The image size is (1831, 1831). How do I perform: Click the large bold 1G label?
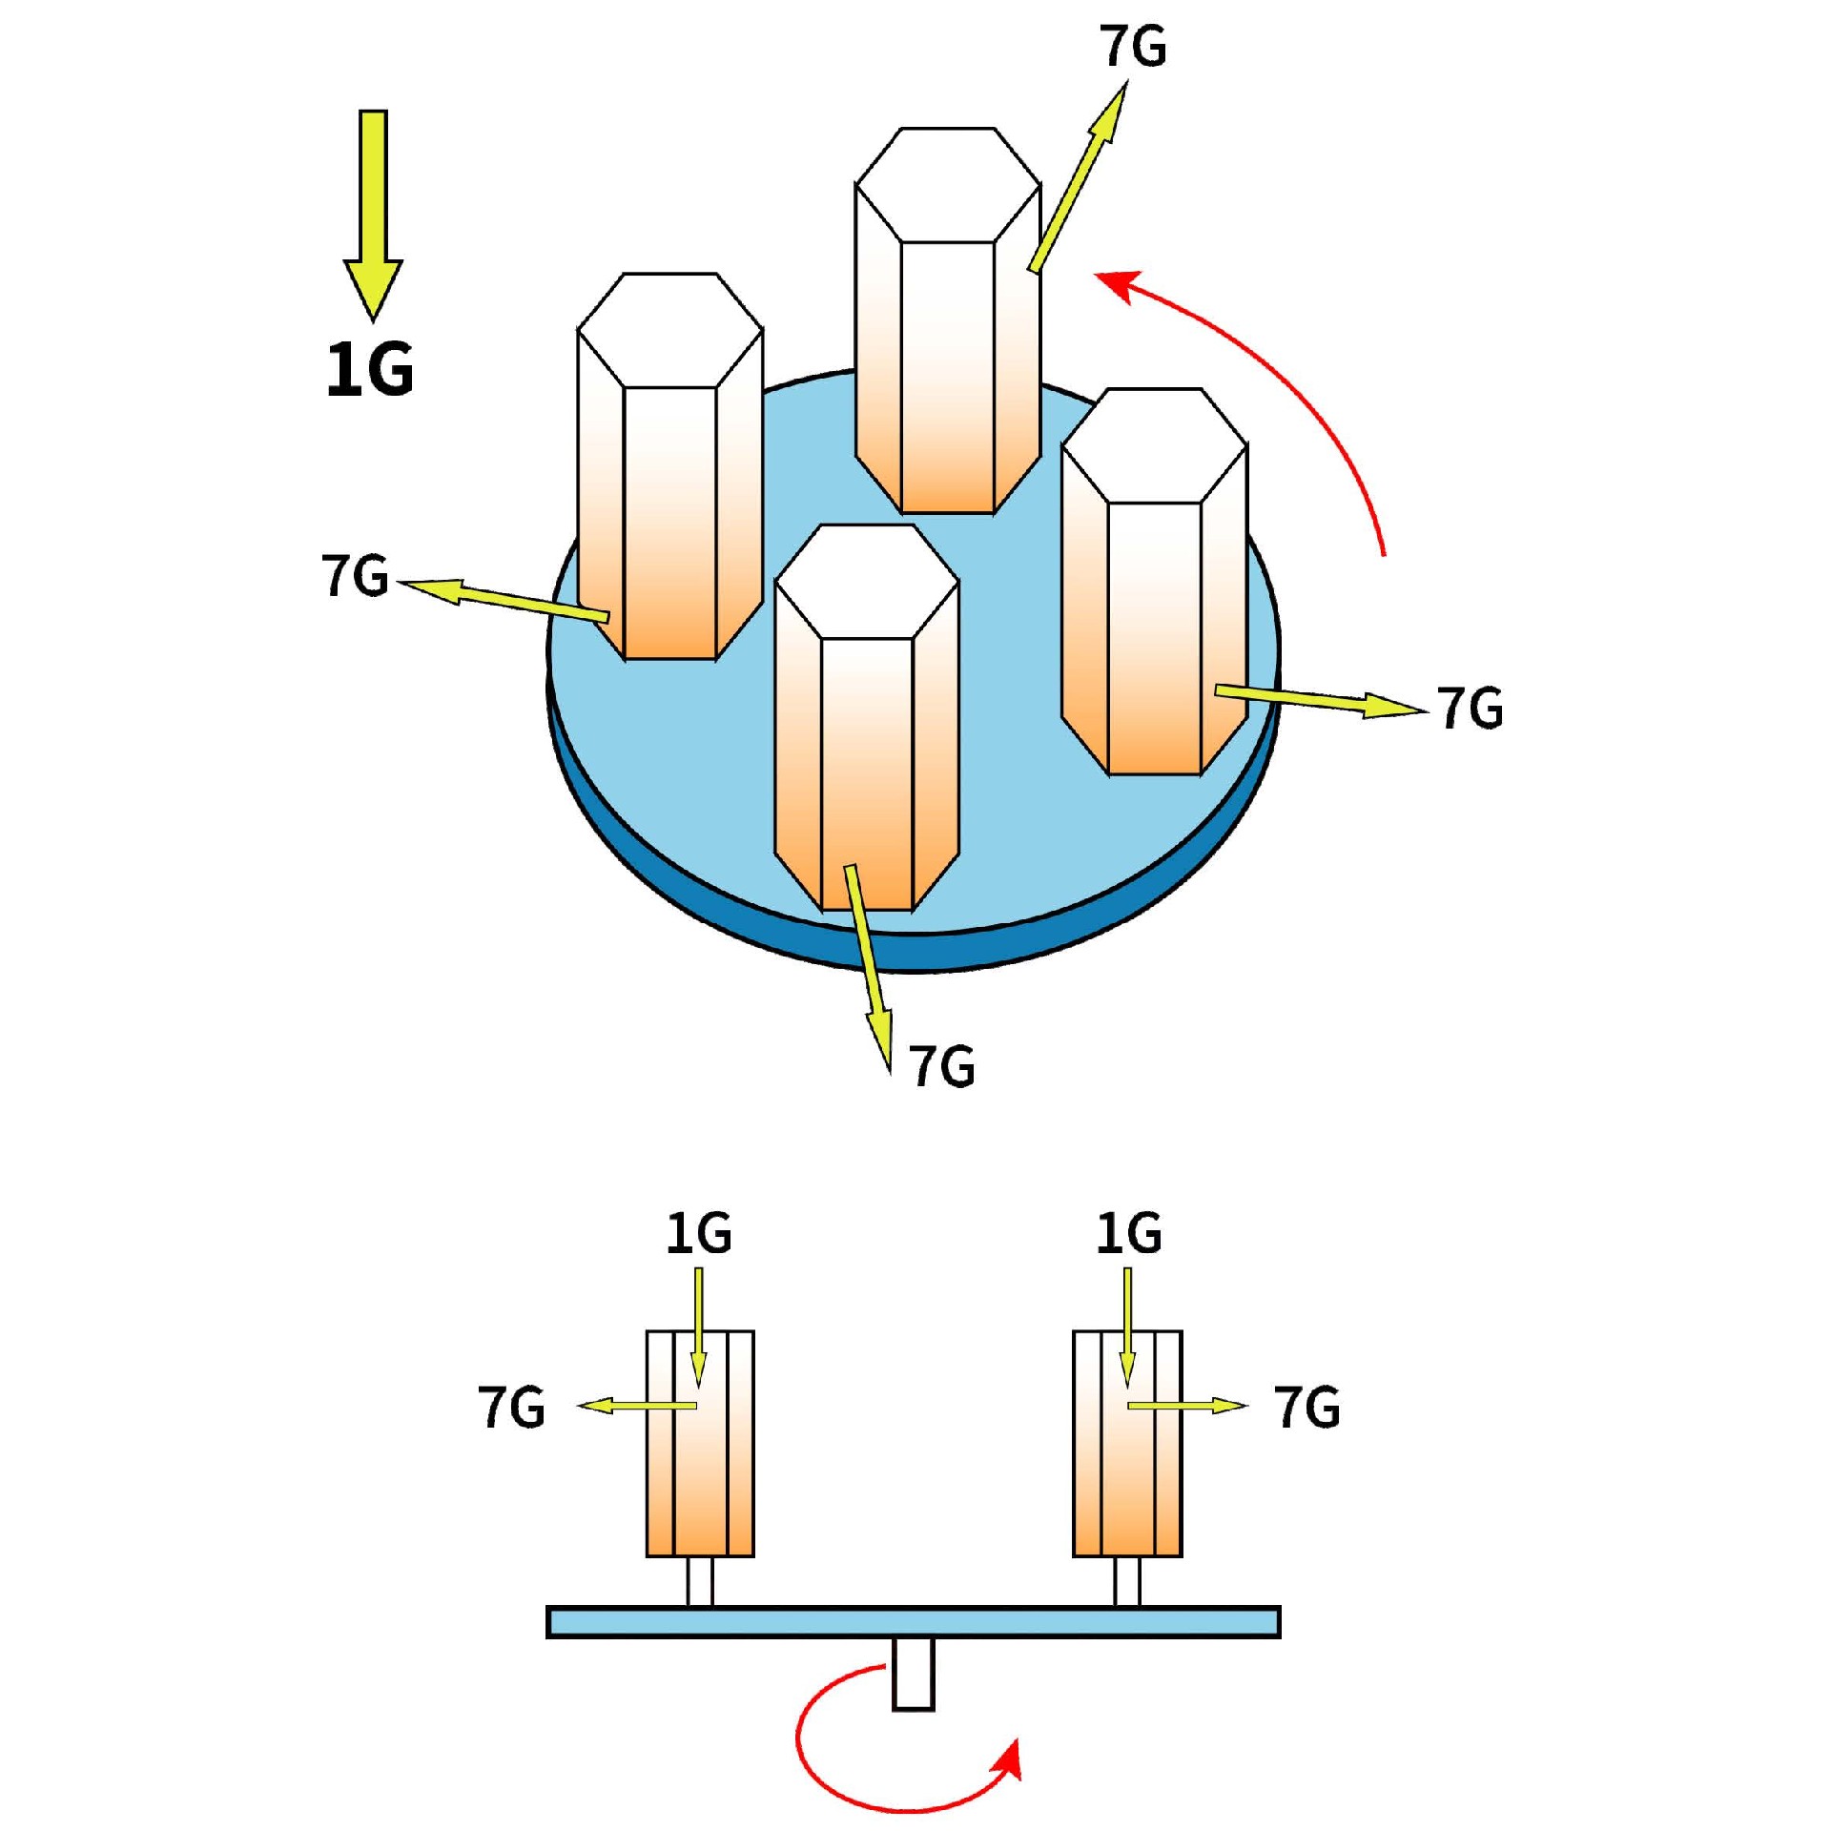click(x=370, y=370)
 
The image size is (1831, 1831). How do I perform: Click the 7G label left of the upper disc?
click(x=355, y=576)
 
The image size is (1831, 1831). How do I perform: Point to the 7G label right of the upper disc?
click(x=1470, y=708)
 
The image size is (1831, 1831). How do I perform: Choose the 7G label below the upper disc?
click(x=941, y=1065)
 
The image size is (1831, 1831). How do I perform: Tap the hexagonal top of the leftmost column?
click(x=669, y=330)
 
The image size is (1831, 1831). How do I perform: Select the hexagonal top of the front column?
click(x=867, y=581)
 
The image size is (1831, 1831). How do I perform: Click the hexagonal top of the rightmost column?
click(x=1154, y=444)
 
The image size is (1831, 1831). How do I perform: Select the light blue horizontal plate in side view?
click(x=913, y=1622)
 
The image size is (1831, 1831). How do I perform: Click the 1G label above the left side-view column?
click(x=699, y=1233)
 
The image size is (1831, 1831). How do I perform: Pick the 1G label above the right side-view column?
click(x=1128, y=1233)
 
